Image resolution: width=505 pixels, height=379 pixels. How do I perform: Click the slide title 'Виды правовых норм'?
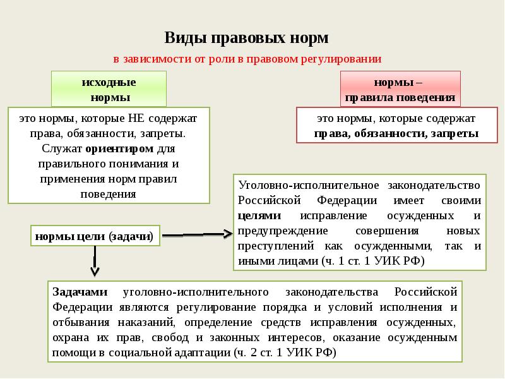click(247, 38)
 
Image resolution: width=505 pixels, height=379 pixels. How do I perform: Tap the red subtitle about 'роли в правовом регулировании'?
click(247, 59)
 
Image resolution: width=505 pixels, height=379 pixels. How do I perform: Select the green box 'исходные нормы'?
click(109, 90)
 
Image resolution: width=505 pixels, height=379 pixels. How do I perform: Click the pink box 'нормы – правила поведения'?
click(400, 90)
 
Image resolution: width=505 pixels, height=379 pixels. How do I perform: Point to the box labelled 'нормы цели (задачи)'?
click(94, 236)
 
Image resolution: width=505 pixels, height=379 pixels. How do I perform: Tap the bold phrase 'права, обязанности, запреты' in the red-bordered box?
click(396, 134)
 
